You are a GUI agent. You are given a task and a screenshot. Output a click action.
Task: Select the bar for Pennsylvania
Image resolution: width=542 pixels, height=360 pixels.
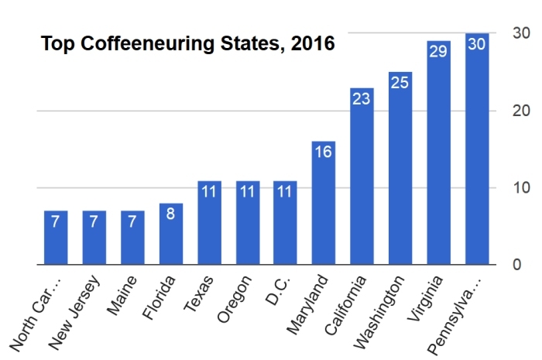click(x=477, y=155)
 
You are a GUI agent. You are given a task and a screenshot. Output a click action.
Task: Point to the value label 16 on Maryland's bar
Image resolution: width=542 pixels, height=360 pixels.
click(x=324, y=153)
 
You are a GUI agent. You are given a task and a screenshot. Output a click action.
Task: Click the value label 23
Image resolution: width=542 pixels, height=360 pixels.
click(x=362, y=98)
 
